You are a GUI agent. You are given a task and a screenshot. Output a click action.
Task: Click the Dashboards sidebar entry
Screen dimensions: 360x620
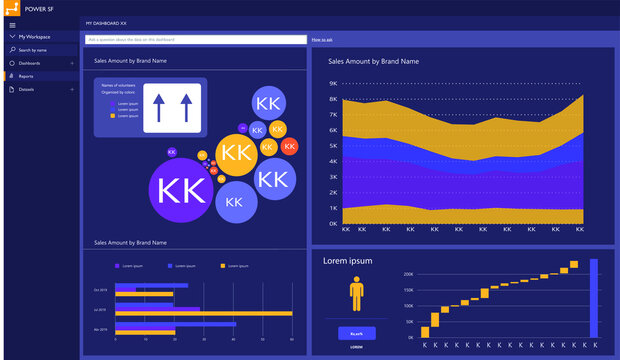30,63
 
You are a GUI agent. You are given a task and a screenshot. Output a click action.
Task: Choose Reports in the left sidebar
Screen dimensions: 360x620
26,76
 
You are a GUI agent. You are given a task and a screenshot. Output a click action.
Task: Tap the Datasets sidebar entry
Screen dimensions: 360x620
26,89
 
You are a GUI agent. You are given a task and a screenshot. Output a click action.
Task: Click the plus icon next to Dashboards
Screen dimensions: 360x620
72,63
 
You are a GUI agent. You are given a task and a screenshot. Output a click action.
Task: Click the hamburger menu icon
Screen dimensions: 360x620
12,24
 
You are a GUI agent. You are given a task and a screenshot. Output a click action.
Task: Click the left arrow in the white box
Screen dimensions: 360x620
158,108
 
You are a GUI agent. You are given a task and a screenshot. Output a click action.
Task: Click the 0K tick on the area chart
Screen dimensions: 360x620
333,223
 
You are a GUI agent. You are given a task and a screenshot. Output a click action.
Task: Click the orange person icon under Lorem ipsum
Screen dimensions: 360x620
357,294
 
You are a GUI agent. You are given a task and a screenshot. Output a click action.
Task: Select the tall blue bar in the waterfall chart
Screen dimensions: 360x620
593,298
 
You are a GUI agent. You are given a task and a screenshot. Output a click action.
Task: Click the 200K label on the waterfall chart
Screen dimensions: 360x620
408,273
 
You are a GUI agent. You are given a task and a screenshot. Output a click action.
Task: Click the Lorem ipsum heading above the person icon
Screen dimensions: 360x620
347,261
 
